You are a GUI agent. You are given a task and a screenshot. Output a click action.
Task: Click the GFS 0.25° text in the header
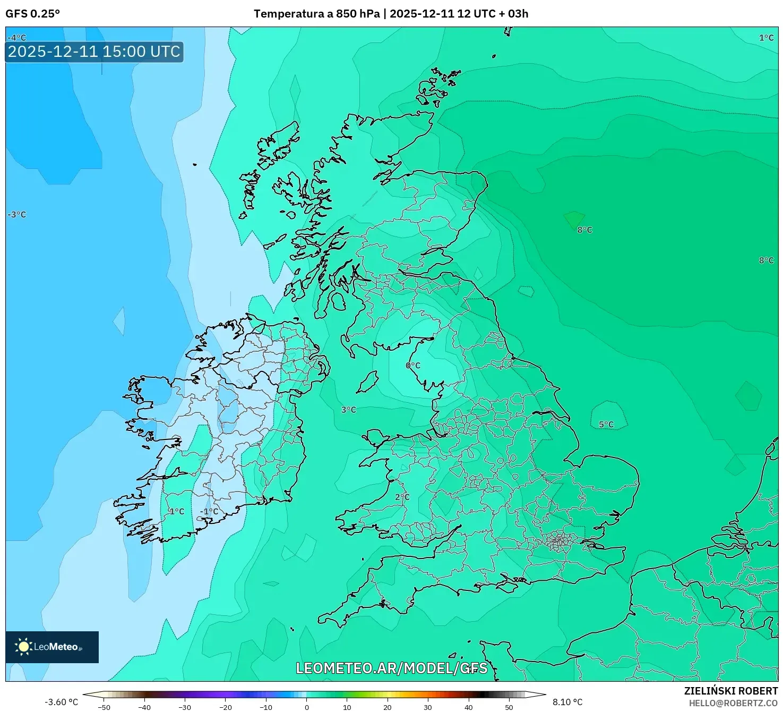[32, 14]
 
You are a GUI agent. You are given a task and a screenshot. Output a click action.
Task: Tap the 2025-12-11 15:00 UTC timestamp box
[94, 52]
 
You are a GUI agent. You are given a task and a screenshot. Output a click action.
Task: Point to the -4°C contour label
[17, 38]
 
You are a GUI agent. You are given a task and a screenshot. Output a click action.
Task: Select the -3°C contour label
[17, 215]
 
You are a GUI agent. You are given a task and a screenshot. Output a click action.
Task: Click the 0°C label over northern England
[413, 366]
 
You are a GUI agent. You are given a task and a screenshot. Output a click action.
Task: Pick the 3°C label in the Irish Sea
[349, 410]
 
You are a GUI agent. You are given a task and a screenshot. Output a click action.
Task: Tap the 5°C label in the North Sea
[606, 425]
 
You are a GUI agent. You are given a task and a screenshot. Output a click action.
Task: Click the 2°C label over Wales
[402, 497]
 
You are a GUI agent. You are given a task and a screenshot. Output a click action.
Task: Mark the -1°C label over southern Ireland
[209, 512]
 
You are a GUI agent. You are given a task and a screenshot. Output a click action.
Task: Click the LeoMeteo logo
[52, 647]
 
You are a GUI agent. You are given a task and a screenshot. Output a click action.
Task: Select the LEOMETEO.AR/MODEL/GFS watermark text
[391, 668]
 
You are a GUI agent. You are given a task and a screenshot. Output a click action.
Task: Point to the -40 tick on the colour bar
[144, 707]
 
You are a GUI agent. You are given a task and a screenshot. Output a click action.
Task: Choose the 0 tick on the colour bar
[306, 707]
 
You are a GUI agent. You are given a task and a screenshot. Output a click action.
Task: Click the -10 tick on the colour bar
[266, 707]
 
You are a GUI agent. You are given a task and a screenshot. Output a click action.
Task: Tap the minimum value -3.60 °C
[61, 702]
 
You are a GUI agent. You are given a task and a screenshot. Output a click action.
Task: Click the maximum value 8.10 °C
[567, 702]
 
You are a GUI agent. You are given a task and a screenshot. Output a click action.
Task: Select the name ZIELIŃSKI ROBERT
[731, 691]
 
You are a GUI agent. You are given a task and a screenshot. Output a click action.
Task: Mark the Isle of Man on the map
[367, 382]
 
